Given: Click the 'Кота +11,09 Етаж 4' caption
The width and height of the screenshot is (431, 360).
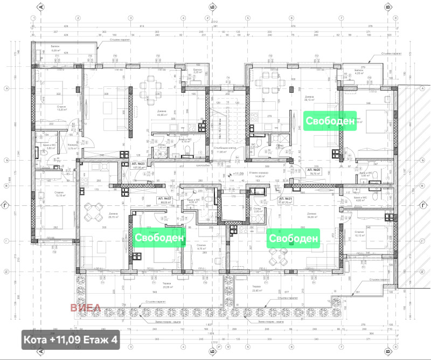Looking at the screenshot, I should (x=69, y=340).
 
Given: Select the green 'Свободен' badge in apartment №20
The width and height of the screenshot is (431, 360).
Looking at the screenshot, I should (x=330, y=122).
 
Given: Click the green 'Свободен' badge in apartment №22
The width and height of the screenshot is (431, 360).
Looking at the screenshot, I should (x=159, y=238).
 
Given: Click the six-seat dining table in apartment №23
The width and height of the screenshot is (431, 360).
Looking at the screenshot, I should (x=162, y=86).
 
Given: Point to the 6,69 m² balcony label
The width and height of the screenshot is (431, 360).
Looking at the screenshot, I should (x=56, y=49).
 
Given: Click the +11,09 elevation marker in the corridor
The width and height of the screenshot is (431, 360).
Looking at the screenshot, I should (x=238, y=174).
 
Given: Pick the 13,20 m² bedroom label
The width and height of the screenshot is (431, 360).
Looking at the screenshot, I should (x=61, y=109).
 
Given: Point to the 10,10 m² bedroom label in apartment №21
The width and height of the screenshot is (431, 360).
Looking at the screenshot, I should (x=360, y=233).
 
